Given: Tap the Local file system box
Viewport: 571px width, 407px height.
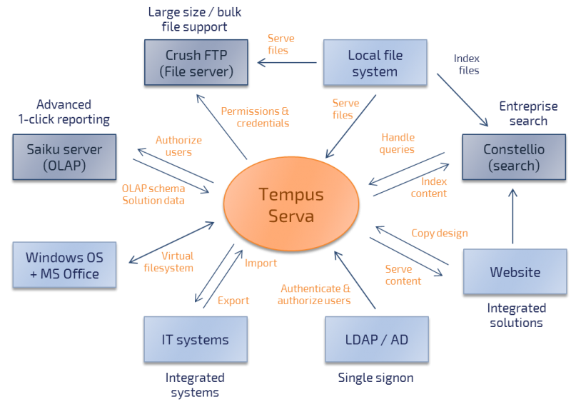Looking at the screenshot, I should pos(375,63).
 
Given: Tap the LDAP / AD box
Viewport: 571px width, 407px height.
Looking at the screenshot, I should pos(375,340).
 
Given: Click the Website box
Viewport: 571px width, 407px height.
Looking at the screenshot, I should pos(515,272).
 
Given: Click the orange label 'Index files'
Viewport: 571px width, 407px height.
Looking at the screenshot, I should pos(467,64).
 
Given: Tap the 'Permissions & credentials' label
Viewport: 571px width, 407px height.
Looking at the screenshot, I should pos(254,117).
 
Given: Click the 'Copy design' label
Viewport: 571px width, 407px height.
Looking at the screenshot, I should pos(440,233).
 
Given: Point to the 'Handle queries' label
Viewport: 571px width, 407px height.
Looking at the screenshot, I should pos(398,143).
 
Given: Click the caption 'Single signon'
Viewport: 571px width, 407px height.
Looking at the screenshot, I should pos(375,377).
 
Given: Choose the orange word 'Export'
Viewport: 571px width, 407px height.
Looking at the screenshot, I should pos(233,301).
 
